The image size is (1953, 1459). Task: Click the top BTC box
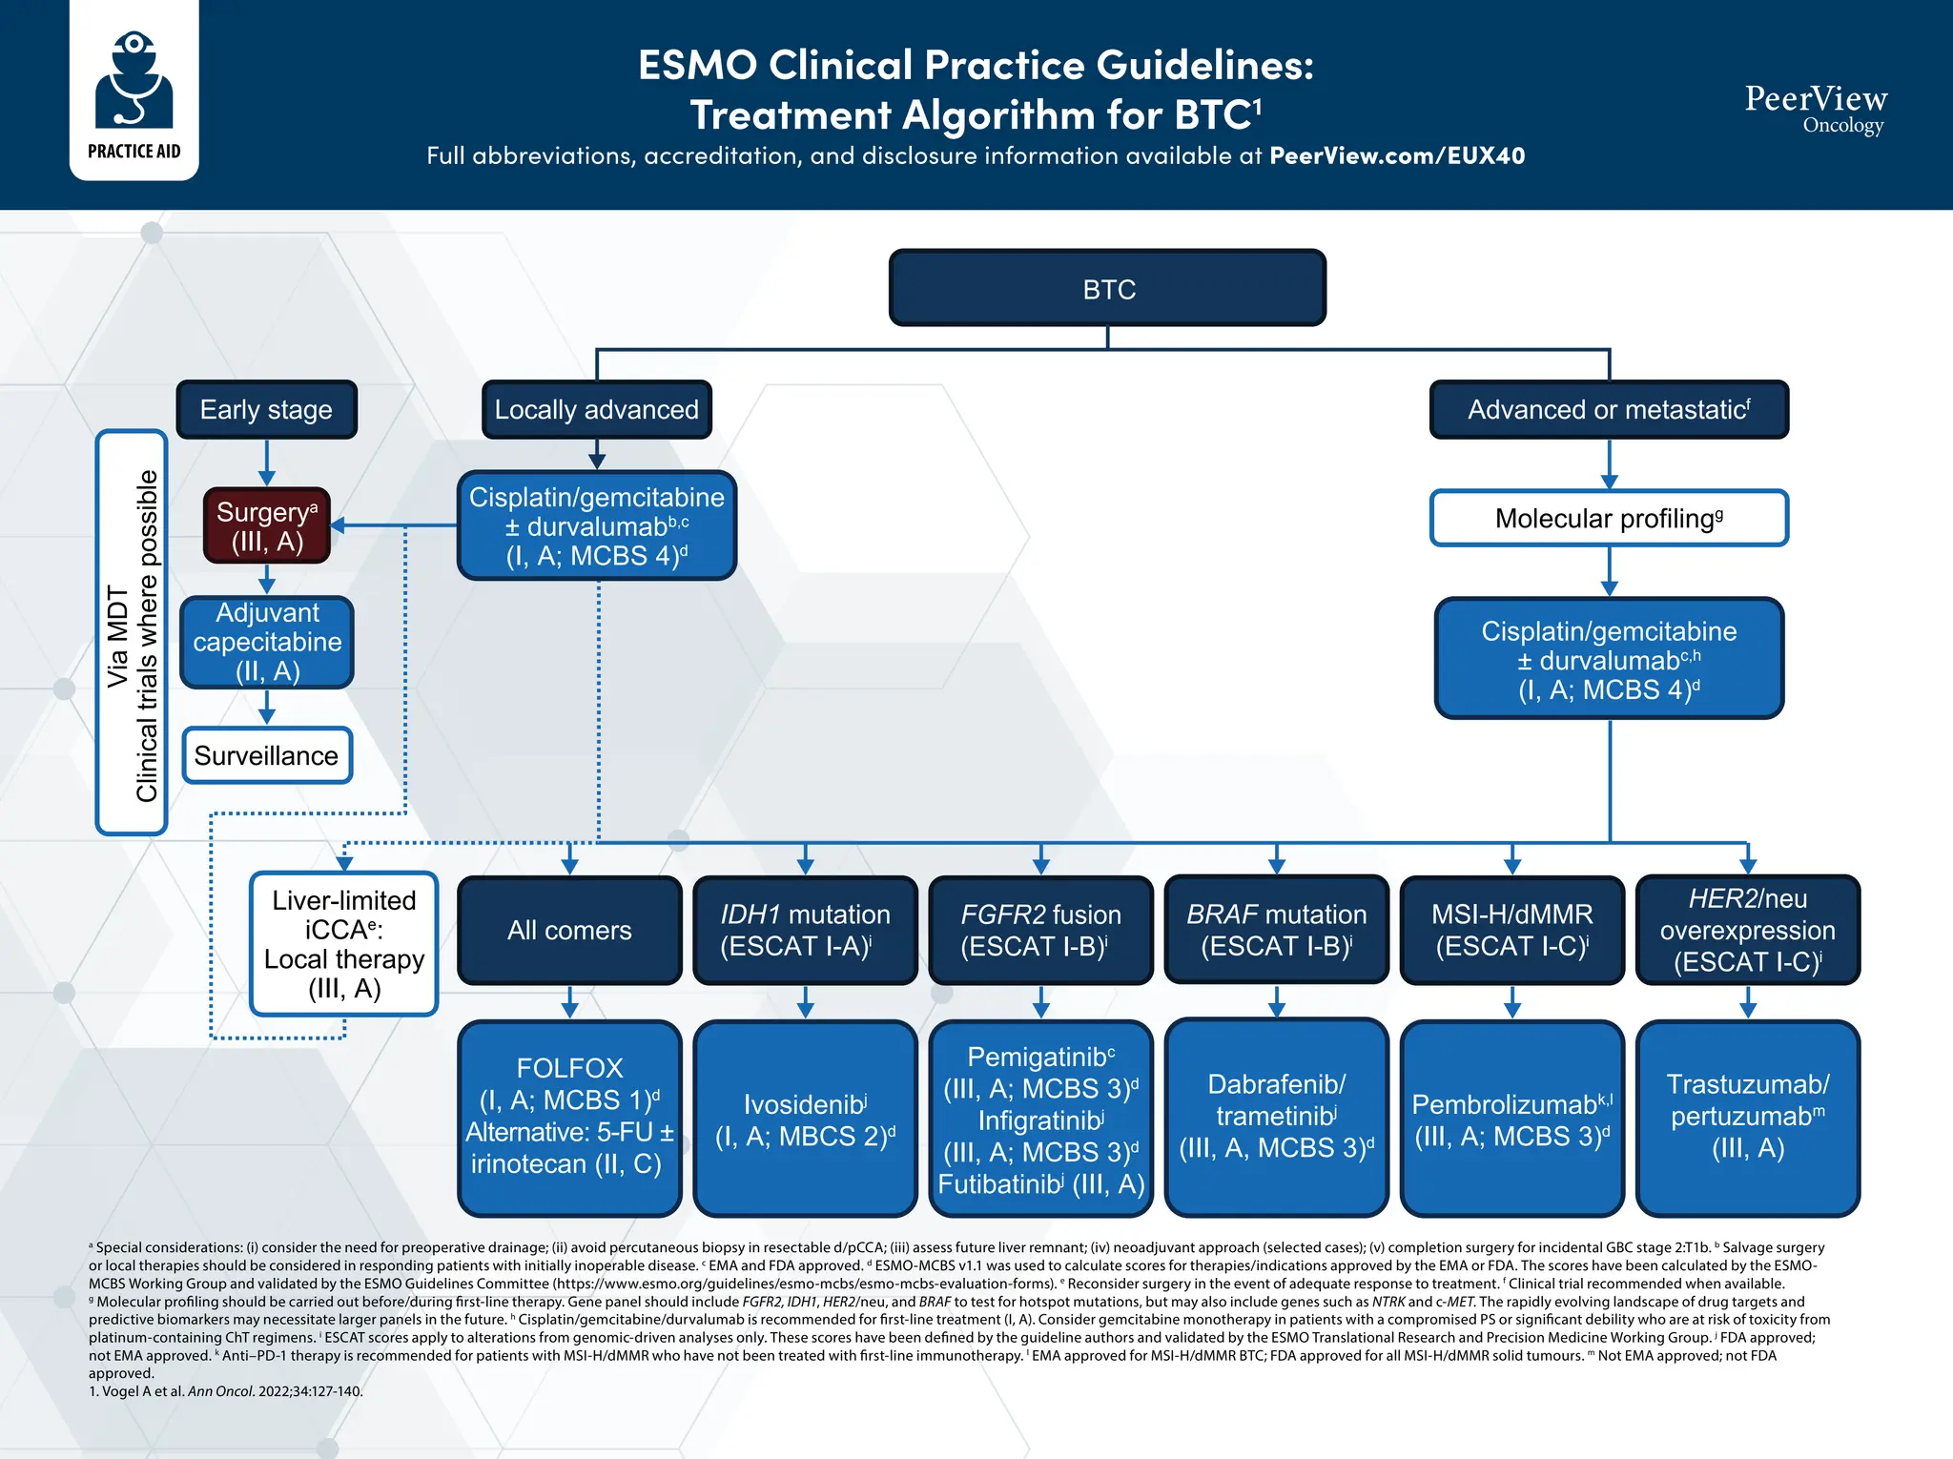pyautogui.click(x=1107, y=288)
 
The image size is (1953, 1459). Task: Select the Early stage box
pyautogui.click(x=266, y=410)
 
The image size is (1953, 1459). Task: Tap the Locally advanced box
pyautogui.click(x=596, y=410)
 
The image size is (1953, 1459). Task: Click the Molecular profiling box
pyautogui.click(x=1609, y=518)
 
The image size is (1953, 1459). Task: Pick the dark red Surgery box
pyautogui.click(x=267, y=525)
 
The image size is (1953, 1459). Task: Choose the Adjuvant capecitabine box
pyautogui.click(x=267, y=642)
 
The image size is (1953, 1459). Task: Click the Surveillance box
pyautogui.click(x=267, y=755)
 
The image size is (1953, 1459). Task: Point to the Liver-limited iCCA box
pyautogui.click(x=343, y=943)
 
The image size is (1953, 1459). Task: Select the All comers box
pyautogui.click(x=569, y=930)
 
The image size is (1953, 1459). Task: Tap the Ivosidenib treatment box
pyautogui.click(x=805, y=1119)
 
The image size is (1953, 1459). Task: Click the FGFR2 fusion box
pyautogui.click(x=1040, y=930)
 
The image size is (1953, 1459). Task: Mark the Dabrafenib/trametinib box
pyautogui.click(x=1276, y=1116)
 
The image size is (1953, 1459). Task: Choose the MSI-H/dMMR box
pyautogui.click(x=1511, y=930)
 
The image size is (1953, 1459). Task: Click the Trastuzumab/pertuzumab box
pyautogui.click(x=1747, y=1116)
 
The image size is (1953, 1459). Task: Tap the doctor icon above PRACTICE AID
pyautogui.click(x=134, y=81)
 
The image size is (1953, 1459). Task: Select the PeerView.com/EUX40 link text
pyautogui.click(x=1397, y=155)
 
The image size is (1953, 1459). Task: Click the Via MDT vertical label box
pyautogui.click(x=133, y=633)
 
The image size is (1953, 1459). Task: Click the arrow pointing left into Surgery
pyautogui.click(x=339, y=525)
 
